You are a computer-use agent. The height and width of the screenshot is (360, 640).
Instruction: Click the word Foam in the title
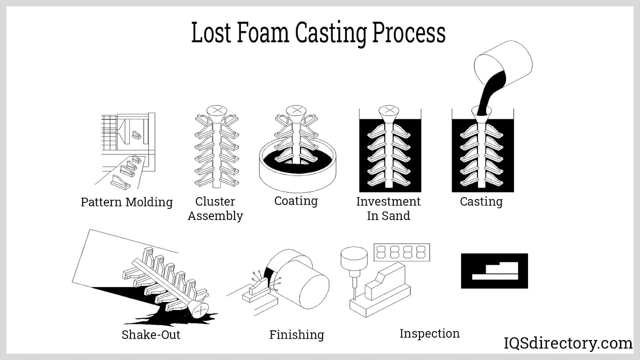tap(263, 33)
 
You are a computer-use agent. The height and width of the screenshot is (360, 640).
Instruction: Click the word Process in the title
tap(408, 34)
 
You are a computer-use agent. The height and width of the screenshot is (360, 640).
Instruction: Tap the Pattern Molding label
tap(126, 202)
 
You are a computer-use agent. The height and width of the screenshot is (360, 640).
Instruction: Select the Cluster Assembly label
tap(215, 208)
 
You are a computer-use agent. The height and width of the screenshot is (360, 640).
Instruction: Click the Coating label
tap(296, 201)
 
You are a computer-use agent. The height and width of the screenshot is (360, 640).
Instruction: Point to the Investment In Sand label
tap(388, 208)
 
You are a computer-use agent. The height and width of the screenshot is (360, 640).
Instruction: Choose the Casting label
tap(481, 202)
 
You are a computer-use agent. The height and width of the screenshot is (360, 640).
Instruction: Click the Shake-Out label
tap(151, 334)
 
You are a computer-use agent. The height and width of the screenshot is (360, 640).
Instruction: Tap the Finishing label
tap(296, 334)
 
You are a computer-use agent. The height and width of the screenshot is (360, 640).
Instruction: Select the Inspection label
tap(429, 333)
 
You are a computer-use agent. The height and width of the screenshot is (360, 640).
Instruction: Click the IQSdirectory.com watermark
tap(568, 343)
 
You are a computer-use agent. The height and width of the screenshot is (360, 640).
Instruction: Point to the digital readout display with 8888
tap(401, 252)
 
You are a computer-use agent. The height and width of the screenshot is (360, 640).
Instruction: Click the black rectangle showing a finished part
tap(494, 271)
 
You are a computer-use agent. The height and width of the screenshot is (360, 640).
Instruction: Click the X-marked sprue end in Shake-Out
tap(199, 310)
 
